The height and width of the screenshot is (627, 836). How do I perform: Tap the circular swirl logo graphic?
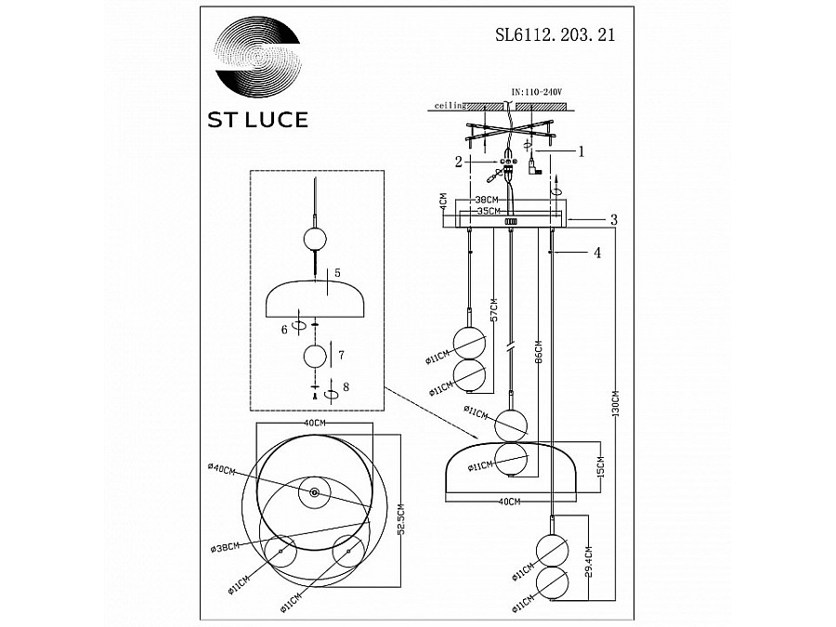[258, 57]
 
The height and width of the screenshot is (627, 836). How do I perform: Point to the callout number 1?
[581, 150]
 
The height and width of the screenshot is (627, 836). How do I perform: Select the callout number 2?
[458, 162]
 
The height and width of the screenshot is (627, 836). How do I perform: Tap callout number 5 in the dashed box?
[338, 272]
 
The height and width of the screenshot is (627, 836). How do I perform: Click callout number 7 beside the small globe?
[343, 355]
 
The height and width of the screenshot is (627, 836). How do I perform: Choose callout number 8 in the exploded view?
[345, 386]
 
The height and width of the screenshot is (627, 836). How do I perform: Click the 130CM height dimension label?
[615, 400]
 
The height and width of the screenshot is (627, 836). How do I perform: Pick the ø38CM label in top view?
[225, 546]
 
